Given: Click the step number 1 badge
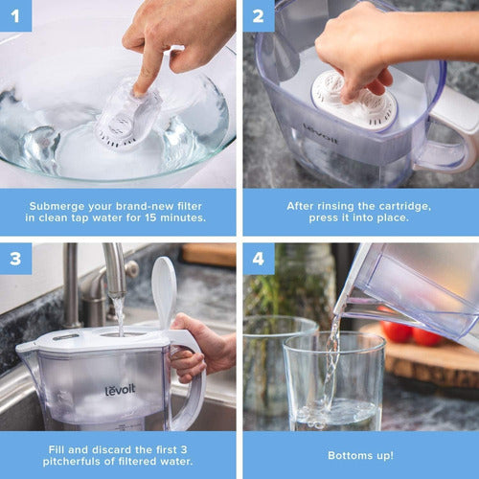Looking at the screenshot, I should [15, 15].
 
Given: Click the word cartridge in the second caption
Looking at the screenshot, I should [392, 205].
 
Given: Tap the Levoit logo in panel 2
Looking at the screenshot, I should [321, 133].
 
